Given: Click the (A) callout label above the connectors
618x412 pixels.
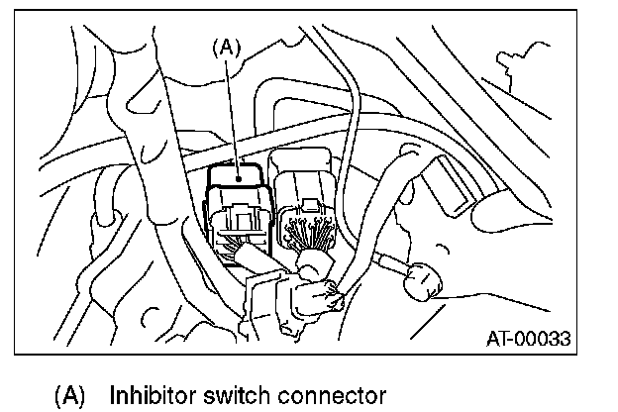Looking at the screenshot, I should pyautogui.click(x=228, y=44).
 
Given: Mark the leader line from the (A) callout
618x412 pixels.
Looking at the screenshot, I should pyautogui.click(x=231, y=109).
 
